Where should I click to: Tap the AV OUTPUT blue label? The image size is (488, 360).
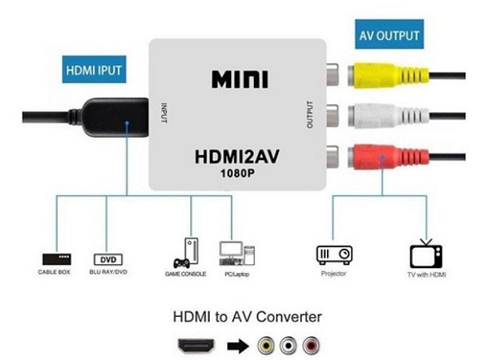tap(390, 37)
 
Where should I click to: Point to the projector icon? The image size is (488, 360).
tap(334, 255)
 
